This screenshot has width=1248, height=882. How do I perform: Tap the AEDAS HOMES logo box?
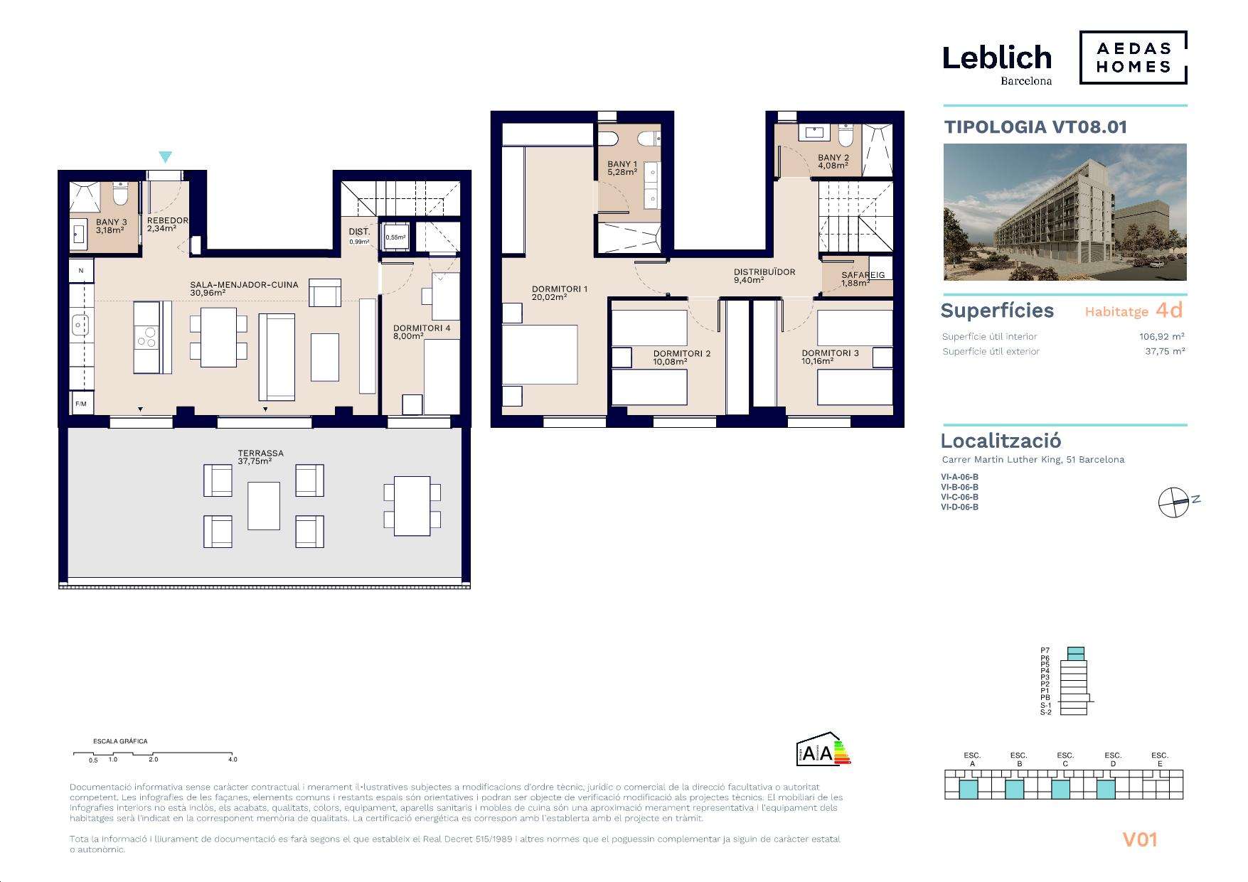(x=1134, y=58)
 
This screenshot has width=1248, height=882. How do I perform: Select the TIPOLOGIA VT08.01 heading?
(x=1035, y=127)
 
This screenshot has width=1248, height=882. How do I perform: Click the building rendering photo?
(x=1065, y=212)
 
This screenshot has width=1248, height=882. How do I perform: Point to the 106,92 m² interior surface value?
(x=1162, y=337)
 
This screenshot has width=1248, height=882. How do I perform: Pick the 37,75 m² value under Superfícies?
(x=1165, y=351)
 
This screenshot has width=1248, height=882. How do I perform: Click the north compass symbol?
(x=1173, y=502)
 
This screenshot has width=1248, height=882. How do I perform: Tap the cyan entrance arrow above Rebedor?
(x=166, y=157)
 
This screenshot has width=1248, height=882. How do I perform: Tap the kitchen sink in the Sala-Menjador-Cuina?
(x=80, y=326)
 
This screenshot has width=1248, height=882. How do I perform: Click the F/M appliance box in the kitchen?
(x=81, y=404)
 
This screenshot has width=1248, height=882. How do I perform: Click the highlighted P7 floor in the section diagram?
(x=1076, y=650)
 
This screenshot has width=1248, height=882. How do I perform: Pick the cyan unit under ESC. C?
(x=1060, y=789)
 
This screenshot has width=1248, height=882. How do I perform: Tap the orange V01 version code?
(x=1140, y=839)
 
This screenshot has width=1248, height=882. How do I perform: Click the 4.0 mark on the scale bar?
(x=233, y=760)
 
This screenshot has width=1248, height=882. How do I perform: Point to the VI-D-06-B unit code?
(x=959, y=507)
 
